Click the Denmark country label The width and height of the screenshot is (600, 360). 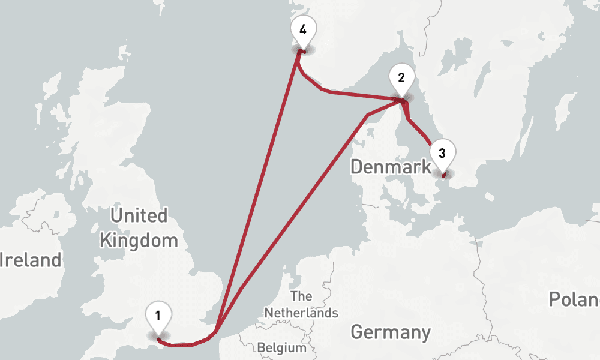coord(391,167)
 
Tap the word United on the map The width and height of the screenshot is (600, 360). coord(139,215)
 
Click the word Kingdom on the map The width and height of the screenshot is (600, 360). coord(139,241)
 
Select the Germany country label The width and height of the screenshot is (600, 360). coord(391,332)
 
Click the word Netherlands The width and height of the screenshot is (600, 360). coord(301,313)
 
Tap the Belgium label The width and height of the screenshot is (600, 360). coord(281,347)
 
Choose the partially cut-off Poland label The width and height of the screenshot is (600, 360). coord(574,299)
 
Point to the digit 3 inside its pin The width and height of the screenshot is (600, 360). coord(442,152)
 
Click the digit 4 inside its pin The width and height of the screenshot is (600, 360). coord(303,29)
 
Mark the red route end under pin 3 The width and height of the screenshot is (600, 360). coord(443,176)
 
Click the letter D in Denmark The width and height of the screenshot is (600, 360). coord(358,167)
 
